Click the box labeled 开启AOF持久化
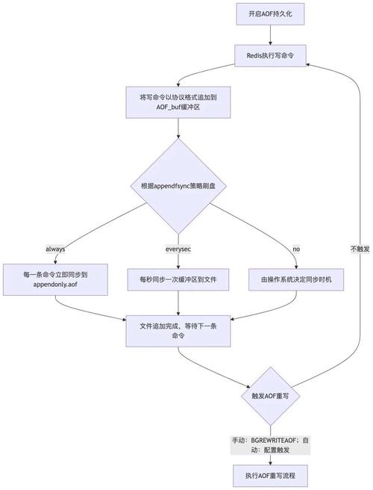pyautogui.click(x=271, y=14)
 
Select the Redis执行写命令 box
pyautogui.click(x=271, y=55)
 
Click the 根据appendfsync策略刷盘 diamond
pyautogui.click(x=178, y=185)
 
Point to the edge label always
pyautogui.click(x=56, y=248)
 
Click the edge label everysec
pyautogui.click(x=178, y=248)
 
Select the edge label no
pyautogui.click(x=296, y=248)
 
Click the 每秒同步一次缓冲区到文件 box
pyautogui.click(x=178, y=279)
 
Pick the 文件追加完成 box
pyautogui.click(x=178, y=331)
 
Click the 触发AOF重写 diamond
pyautogui.click(x=271, y=396)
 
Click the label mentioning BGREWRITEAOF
pyautogui.click(x=271, y=445)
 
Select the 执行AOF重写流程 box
pyautogui.click(x=271, y=475)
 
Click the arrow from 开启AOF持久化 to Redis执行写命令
pyautogui.click(x=271, y=34)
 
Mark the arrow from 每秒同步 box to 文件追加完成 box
pyautogui.click(x=178, y=303)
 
